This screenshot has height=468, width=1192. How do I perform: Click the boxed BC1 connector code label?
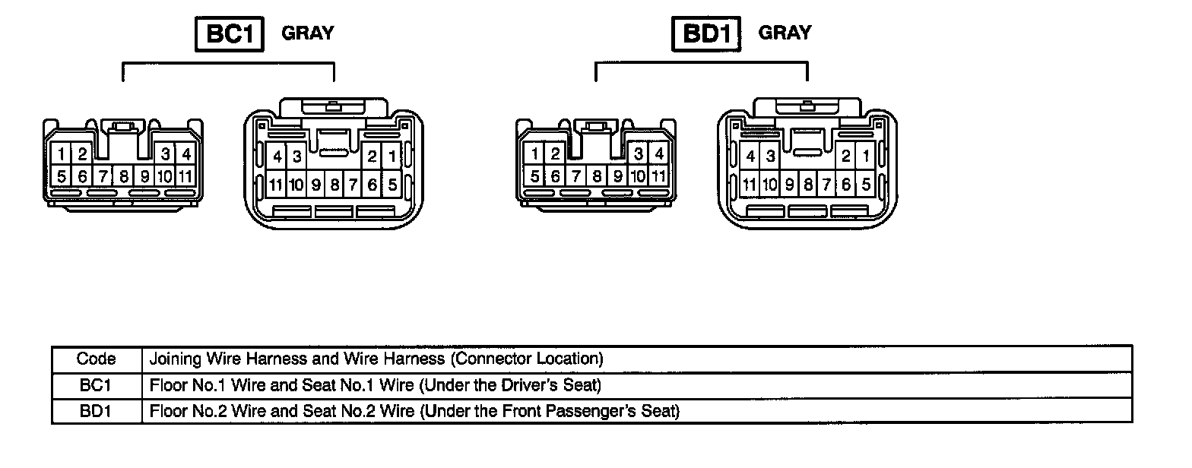230,34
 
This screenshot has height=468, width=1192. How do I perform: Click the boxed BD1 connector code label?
706,34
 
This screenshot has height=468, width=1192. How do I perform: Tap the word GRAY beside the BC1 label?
307,33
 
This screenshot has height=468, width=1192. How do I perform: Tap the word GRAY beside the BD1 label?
785,33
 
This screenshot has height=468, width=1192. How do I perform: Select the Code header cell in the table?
97,359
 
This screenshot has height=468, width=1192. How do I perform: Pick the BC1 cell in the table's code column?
97,385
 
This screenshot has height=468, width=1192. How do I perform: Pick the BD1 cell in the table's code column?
97,412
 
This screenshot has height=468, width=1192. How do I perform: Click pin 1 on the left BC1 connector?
61,154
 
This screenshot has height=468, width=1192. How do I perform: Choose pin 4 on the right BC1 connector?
277,157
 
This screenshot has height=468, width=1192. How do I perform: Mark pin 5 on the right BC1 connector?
392,184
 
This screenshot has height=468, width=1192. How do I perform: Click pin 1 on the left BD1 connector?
535,154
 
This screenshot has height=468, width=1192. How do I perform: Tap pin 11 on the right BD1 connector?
750,184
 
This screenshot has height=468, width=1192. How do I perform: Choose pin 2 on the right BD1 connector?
845,157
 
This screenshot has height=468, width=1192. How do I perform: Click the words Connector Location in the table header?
537,359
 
